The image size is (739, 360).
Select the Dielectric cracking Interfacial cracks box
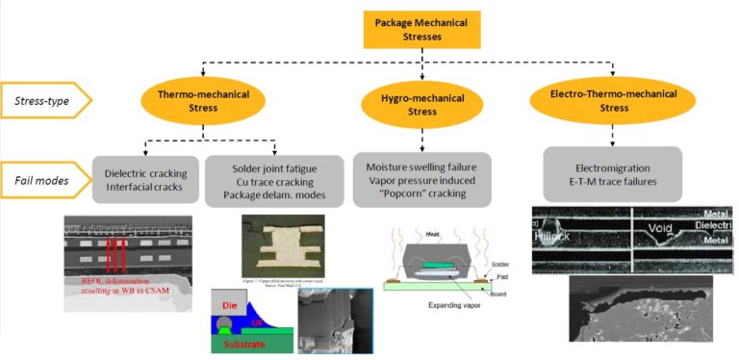point(146,178)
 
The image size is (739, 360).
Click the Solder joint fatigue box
point(274,178)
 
